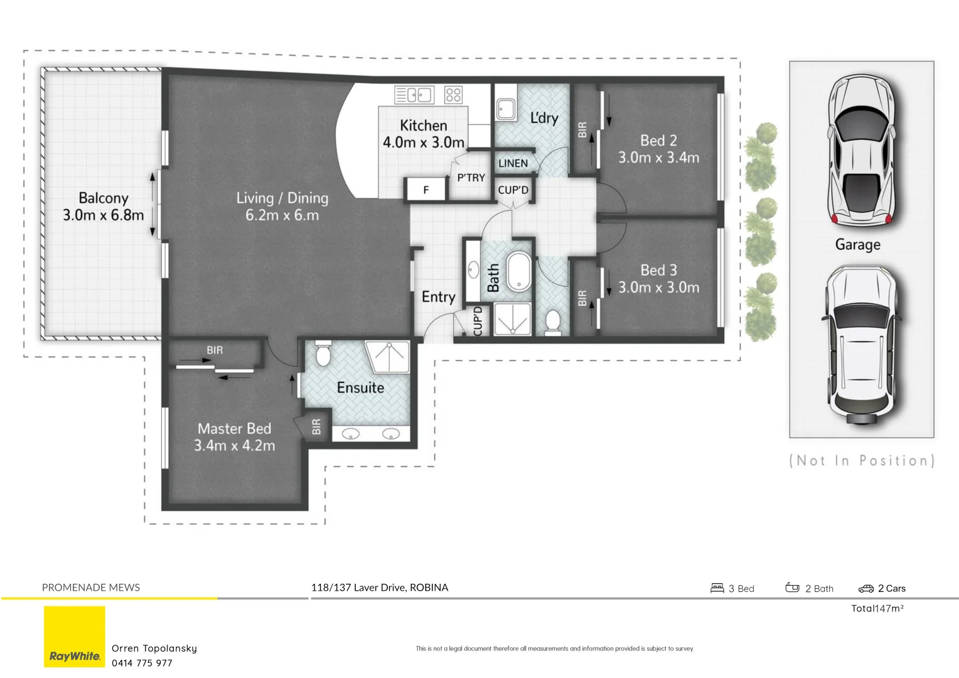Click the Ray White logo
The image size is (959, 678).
pos(75,637)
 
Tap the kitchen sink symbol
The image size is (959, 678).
pos(414,95)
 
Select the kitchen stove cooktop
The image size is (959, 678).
pos(453,95)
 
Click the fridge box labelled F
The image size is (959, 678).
pos(426,190)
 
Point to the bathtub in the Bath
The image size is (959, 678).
pos(519,272)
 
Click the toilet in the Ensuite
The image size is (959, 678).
pos(323,353)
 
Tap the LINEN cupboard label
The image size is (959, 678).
pos(513,163)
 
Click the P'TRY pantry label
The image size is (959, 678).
pos(471,178)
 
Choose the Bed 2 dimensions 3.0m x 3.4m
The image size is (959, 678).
pos(658,158)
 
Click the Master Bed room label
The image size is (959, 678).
pos(234,429)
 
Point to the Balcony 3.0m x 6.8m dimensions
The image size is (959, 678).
pos(103,215)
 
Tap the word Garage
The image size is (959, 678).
pos(857,245)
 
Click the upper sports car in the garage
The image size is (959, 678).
pos(861,151)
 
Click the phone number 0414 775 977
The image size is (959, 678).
pos(142,663)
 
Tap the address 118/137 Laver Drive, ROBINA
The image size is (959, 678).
pos(380,588)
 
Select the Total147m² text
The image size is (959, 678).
pos(877,608)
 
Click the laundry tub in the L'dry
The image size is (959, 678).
pos(506,109)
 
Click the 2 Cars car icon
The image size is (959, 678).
pos(865,588)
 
